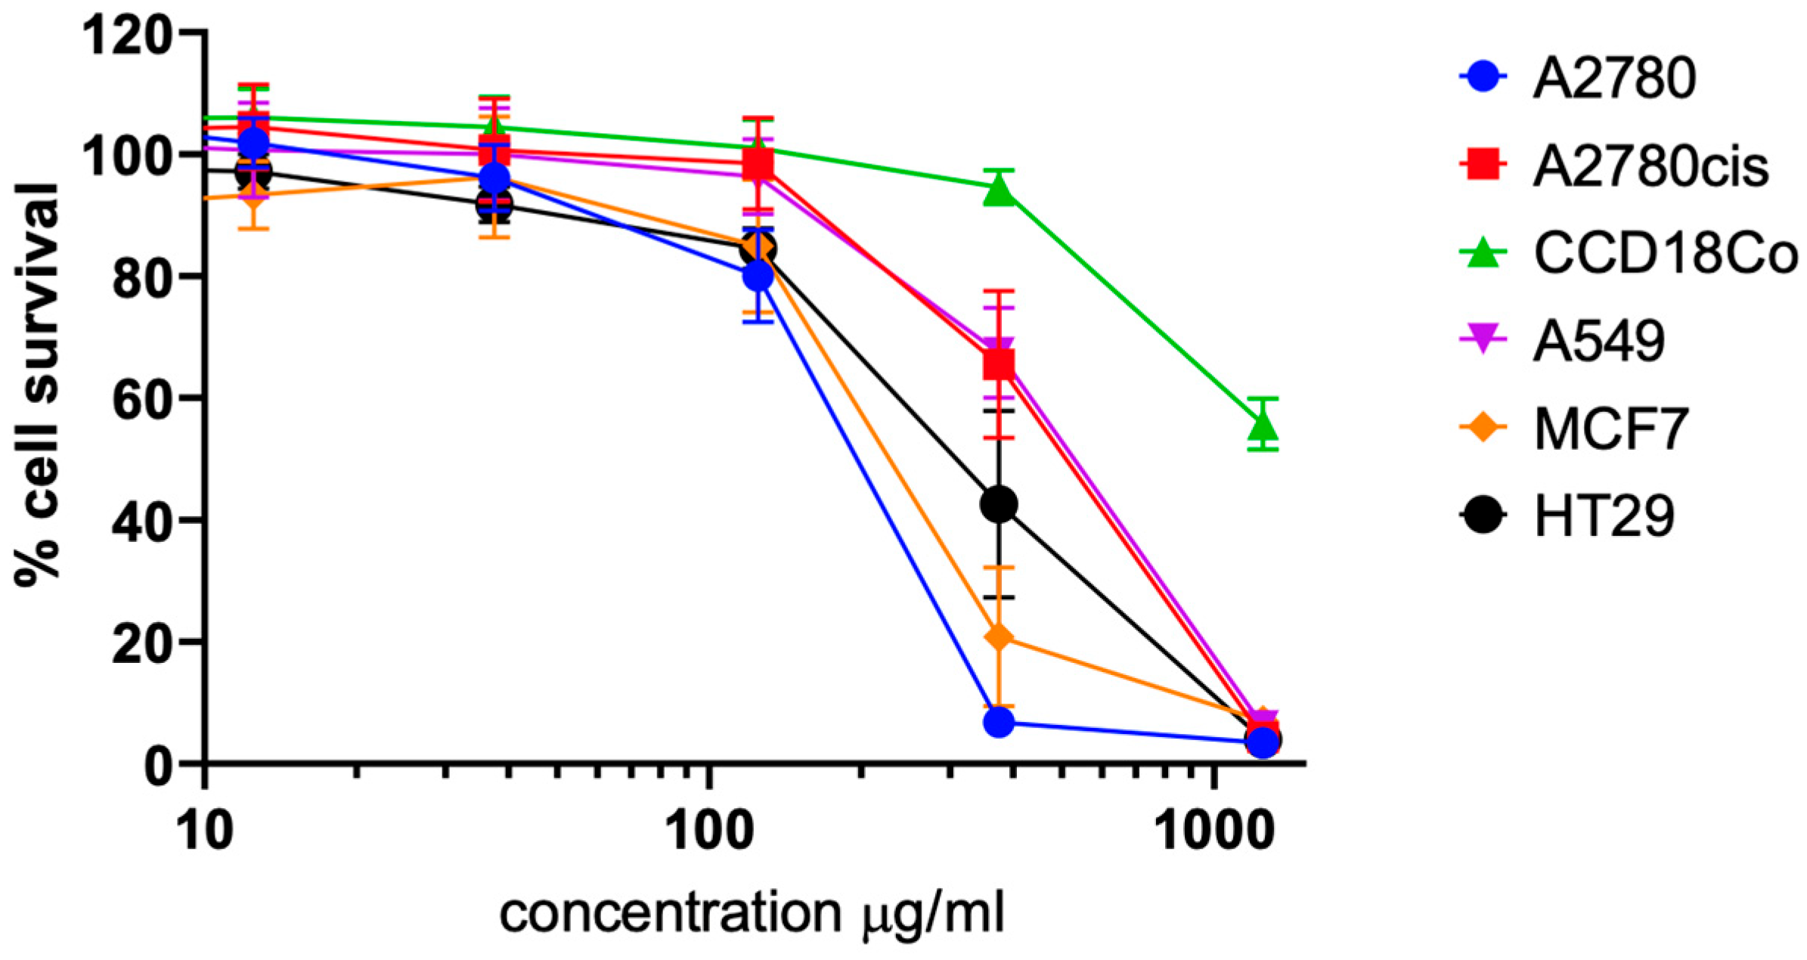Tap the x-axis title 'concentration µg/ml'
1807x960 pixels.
(x=752, y=913)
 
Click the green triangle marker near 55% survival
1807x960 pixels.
(x=1263, y=426)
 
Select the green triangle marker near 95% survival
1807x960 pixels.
(x=999, y=190)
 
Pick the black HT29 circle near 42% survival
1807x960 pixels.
(x=999, y=504)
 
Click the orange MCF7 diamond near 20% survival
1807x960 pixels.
(x=999, y=637)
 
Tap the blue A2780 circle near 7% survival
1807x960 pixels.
(x=999, y=723)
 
